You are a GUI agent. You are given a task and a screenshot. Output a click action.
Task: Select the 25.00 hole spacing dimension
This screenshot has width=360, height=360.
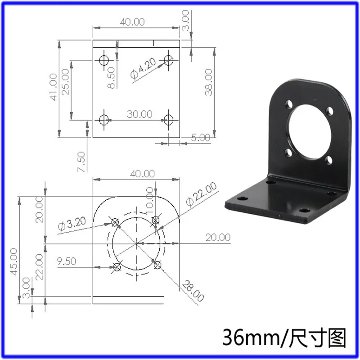[x=66, y=81]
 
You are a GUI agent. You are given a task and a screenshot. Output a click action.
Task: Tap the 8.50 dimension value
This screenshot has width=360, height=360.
[x=112, y=78]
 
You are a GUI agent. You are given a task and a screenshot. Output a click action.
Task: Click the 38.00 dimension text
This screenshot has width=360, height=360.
[x=208, y=81]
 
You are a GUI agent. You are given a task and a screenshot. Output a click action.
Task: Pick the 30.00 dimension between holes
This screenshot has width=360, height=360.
[x=139, y=114]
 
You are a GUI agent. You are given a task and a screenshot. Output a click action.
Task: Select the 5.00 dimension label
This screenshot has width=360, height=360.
[x=201, y=138]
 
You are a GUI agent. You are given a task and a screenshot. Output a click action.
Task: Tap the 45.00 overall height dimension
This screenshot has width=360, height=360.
[x=14, y=261]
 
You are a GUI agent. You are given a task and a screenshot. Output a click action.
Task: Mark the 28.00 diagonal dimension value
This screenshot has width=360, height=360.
[x=192, y=291]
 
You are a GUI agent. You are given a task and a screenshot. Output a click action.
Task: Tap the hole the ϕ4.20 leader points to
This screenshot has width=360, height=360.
[x=169, y=59]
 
